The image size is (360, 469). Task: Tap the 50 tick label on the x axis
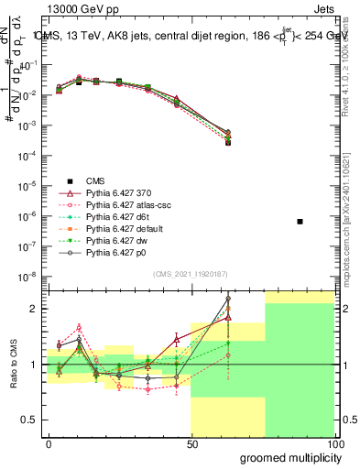191,442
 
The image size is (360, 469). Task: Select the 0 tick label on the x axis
49,442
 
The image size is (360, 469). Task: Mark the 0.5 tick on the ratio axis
33,420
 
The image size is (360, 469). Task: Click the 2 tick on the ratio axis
38,309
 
